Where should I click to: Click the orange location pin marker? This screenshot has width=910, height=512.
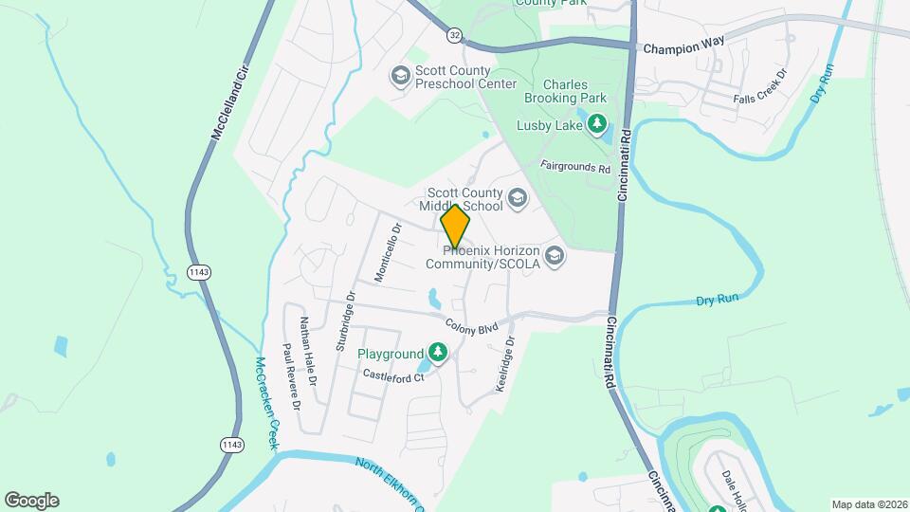click(455, 227)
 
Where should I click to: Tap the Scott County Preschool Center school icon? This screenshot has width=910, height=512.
click(400, 76)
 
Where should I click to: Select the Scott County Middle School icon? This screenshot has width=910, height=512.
click(517, 197)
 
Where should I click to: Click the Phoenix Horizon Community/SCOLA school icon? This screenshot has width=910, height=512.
click(555, 255)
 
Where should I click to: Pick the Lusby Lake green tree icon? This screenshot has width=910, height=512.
click(596, 123)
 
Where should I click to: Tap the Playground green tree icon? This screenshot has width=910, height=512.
click(437, 354)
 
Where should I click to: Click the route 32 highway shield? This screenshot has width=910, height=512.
click(455, 34)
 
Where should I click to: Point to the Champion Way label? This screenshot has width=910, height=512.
click(682, 46)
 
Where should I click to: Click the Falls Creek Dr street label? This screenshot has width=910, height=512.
click(761, 86)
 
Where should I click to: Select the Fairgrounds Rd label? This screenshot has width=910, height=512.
click(574, 166)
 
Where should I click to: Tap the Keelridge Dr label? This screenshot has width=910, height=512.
click(503, 365)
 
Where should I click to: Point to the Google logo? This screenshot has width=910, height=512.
click(31, 501)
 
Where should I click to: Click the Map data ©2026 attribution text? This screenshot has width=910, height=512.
click(868, 504)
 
